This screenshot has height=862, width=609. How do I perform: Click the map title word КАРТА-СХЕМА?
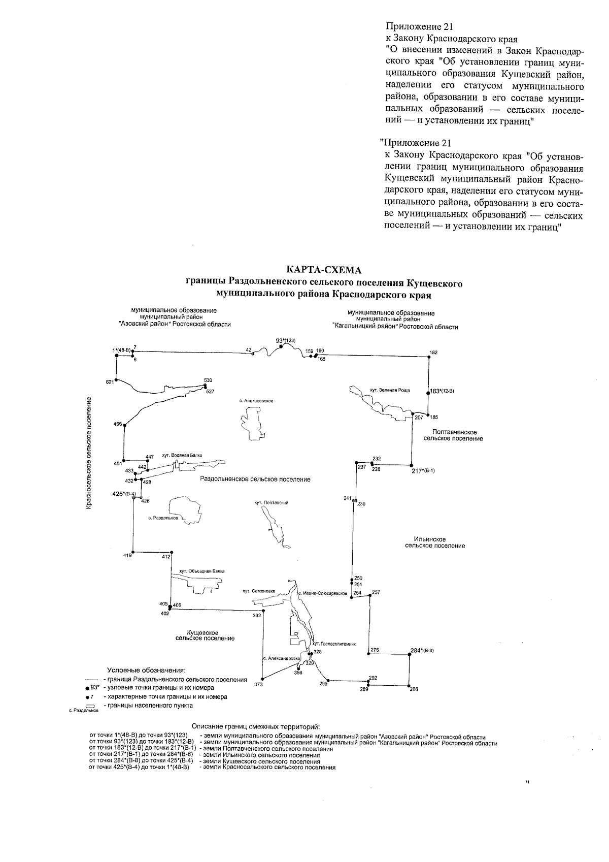point(324,269)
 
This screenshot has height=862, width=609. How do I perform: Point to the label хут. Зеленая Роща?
point(389,391)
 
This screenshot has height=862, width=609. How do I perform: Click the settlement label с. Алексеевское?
point(256,401)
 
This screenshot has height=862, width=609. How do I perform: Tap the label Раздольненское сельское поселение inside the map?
point(255,479)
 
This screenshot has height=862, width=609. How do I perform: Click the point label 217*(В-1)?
point(423,471)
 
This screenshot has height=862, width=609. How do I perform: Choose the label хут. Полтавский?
point(272,502)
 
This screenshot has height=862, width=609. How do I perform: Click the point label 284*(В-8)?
point(422,650)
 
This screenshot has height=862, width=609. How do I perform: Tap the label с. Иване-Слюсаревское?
point(322,593)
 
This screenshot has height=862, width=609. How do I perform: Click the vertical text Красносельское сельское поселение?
point(89,453)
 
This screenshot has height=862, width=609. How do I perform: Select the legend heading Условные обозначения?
point(146,670)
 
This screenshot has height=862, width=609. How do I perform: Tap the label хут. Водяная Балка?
point(182,455)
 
